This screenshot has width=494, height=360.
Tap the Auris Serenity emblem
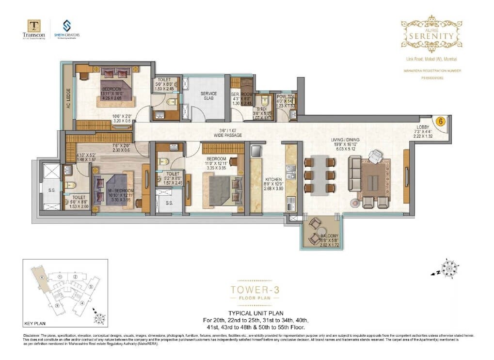[431, 33]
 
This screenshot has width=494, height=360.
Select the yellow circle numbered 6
[441, 122]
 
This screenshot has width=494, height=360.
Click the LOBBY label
[425, 127]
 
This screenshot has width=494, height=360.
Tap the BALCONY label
[329, 236]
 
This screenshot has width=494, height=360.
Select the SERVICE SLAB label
[208, 96]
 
